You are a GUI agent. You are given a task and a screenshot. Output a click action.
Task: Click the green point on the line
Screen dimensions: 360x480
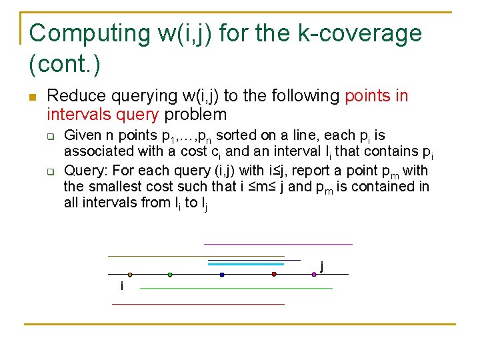tap(170, 274)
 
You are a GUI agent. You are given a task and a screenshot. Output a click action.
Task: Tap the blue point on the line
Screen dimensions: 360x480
tap(222, 274)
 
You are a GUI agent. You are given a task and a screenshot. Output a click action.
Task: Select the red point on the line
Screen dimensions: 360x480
tap(274, 274)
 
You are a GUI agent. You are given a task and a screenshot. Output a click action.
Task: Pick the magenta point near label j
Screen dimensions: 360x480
tap(314, 274)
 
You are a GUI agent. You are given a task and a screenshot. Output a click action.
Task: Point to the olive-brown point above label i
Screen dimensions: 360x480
tap(130, 274)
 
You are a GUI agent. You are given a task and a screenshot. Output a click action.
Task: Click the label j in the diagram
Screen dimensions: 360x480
tap(322, 266)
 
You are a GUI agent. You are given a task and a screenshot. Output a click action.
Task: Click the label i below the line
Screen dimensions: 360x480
tap(121, 286)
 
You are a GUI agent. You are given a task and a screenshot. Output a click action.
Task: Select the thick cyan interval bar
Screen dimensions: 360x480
tap(246, 265)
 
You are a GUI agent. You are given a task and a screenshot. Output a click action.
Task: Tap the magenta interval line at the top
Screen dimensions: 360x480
tap(278, 244)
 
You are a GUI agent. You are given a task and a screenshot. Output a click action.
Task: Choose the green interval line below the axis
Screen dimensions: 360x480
tap(236, 288)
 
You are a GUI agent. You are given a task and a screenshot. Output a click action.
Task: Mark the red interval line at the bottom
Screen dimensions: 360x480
tap(198, 304)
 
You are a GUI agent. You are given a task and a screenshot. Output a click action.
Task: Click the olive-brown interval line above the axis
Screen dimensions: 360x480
tap(196, 256)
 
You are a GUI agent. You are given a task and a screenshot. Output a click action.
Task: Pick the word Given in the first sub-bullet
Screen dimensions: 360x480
tap(83, 136)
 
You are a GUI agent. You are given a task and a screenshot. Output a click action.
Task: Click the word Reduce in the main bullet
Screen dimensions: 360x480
tap(73, 96)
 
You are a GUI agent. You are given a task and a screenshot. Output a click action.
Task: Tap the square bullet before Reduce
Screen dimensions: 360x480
tap(31, 97)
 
